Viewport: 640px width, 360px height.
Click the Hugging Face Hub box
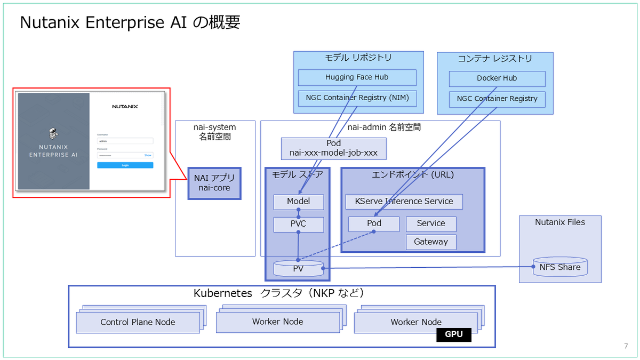click(357, 77)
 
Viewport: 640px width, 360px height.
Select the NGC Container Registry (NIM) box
click(357, 98)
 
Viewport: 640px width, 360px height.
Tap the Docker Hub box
click(497, 78)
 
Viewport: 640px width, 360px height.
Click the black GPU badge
click(454, 334)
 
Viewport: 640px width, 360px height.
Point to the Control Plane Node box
click(138, 322)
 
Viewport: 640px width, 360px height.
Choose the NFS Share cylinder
click(559, 267)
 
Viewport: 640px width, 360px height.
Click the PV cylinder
click(298, 268)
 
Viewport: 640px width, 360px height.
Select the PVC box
click(298, 224)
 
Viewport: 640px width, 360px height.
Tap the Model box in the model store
click(298, 202)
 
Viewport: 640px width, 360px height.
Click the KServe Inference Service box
click(404, 201)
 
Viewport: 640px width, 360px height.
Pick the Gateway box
click(431, 242)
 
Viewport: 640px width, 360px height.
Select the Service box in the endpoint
click(431, 223)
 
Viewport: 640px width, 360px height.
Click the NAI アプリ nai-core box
click(214, 183)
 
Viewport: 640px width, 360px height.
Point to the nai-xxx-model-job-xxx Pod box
click(333, 148)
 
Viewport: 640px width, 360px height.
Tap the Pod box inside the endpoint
click(374, 223)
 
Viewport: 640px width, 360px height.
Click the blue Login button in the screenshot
click(125, 165)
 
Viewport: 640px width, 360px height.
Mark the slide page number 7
click(626, 346)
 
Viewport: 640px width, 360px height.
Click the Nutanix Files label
click(560, 222)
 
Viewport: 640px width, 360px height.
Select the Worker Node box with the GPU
click(416, 322)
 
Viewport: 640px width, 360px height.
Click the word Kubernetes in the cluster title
click(222, 293)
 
